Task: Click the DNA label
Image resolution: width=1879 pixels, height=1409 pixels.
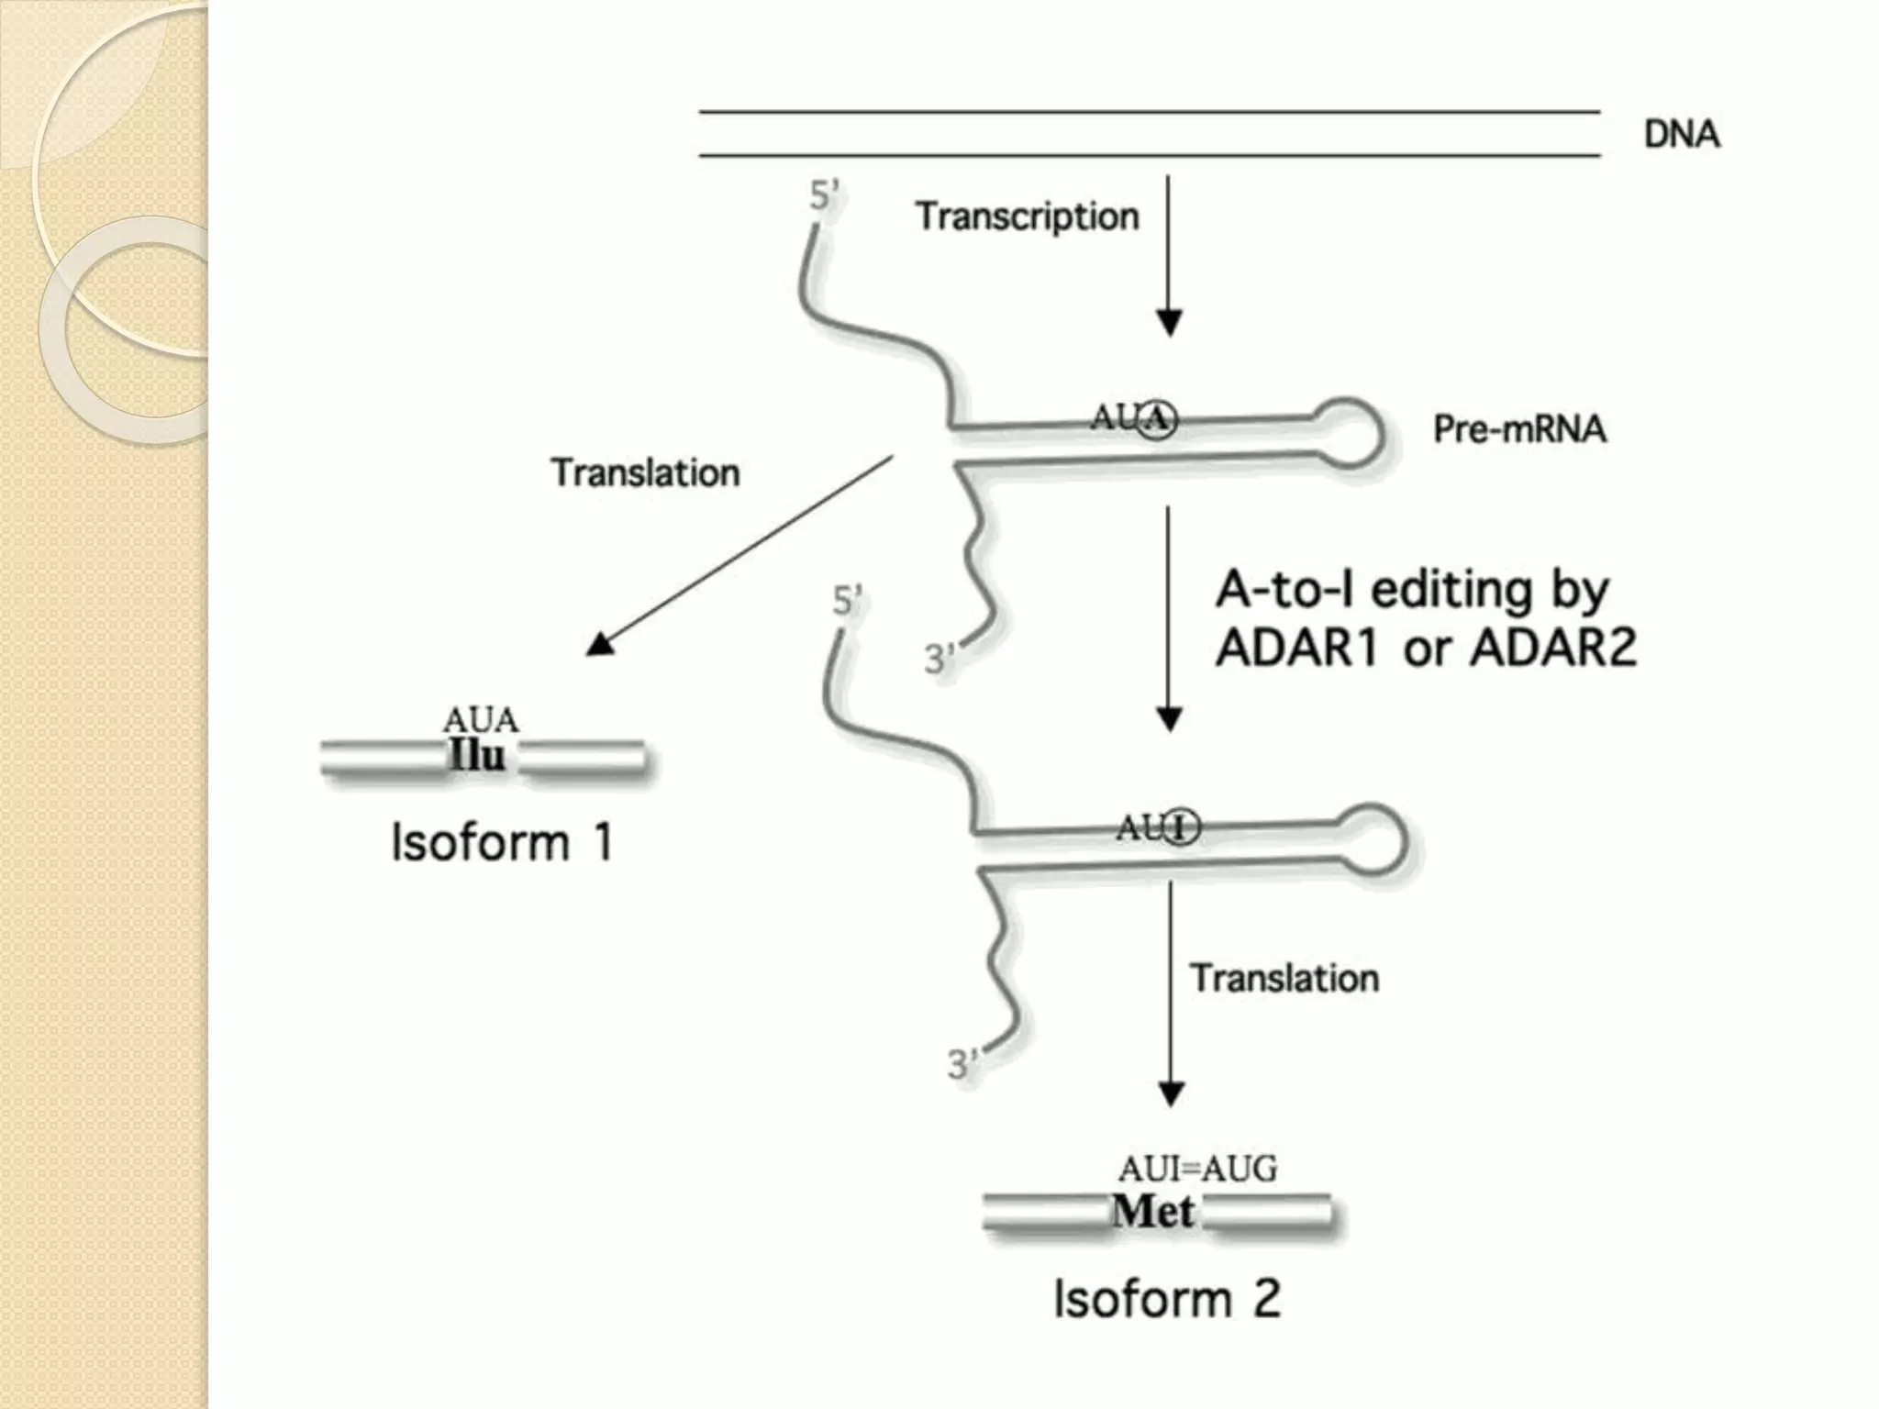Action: (x=1681, y=135)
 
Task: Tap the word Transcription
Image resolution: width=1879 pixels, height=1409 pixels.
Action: (x=1027, y=217)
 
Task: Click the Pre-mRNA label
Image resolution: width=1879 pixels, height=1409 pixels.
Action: (x=1519, y=429)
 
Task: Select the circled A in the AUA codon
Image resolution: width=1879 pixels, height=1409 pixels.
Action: (x=1158, y=419)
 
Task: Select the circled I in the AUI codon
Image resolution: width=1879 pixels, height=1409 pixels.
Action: (x=1182, y=828)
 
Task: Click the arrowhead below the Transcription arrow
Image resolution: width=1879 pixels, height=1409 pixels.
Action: (x=1168, y=324)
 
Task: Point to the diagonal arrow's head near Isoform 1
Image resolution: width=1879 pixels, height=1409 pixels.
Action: (x=601, y=644)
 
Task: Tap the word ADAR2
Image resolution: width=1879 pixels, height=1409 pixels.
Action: (x=1553, y=649)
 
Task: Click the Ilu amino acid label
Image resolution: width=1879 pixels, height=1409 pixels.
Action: (x=477, y=756)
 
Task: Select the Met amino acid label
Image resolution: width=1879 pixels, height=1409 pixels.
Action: (x=1153, y=1212)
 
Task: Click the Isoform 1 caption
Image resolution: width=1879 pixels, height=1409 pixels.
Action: (x=501, y=842)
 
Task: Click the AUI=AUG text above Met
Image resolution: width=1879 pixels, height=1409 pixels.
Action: (x=1196, y=1169)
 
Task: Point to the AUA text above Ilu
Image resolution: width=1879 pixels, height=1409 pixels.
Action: (x=480, y=719)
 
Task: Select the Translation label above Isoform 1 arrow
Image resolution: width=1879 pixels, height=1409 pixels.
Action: (x=645, y=473)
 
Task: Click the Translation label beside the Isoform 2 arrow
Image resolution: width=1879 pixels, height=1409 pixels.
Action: (x=1284, y=979)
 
